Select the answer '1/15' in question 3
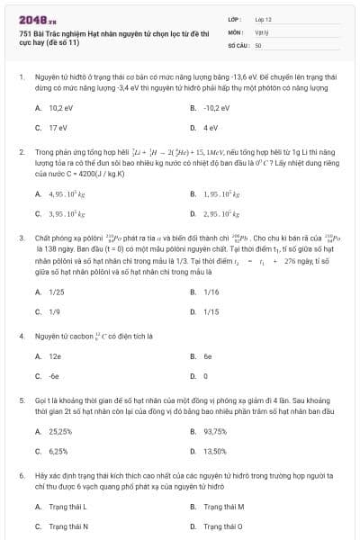[x=211, y=312]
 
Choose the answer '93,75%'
[x=215, y=431]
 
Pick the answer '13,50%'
[x=215, y=451]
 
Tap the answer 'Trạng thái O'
[x=222, y=526]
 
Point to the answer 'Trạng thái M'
[x=223, y=507]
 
